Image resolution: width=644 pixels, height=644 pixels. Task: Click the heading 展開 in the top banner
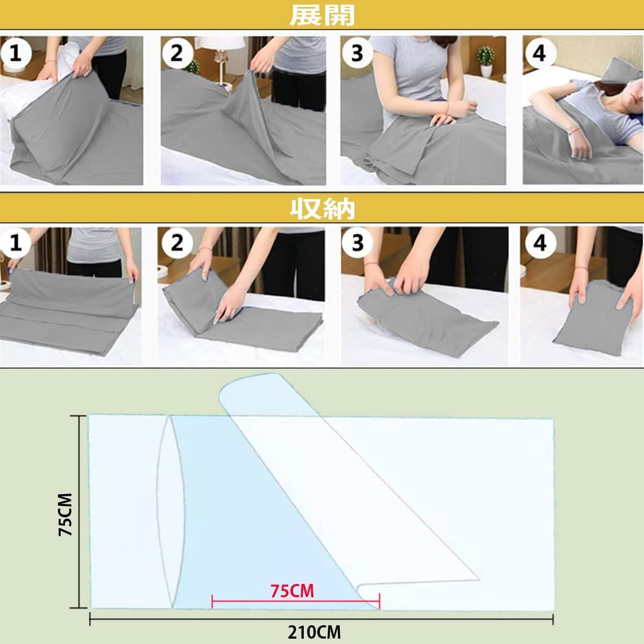[x=322, y=16]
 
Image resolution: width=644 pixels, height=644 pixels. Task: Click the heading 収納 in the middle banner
[x=322, y=209]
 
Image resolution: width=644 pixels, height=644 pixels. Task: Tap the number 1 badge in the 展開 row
[x=16, y=53]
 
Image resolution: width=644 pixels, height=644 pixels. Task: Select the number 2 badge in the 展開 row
[x=178, y=53]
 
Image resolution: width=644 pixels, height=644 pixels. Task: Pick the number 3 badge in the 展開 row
[x=357, y=53]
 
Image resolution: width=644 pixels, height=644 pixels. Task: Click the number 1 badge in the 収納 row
[x=16, y=243]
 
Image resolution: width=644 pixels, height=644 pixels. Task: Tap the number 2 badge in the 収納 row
[x=178, y=243]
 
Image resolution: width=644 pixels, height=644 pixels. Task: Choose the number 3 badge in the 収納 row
[x=357, y=243]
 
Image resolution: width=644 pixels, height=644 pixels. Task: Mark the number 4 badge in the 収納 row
[x=540, y=243]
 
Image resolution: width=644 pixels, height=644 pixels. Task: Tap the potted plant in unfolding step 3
[x=486, y=61]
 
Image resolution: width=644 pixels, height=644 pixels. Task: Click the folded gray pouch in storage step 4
[x=597, y=318]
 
